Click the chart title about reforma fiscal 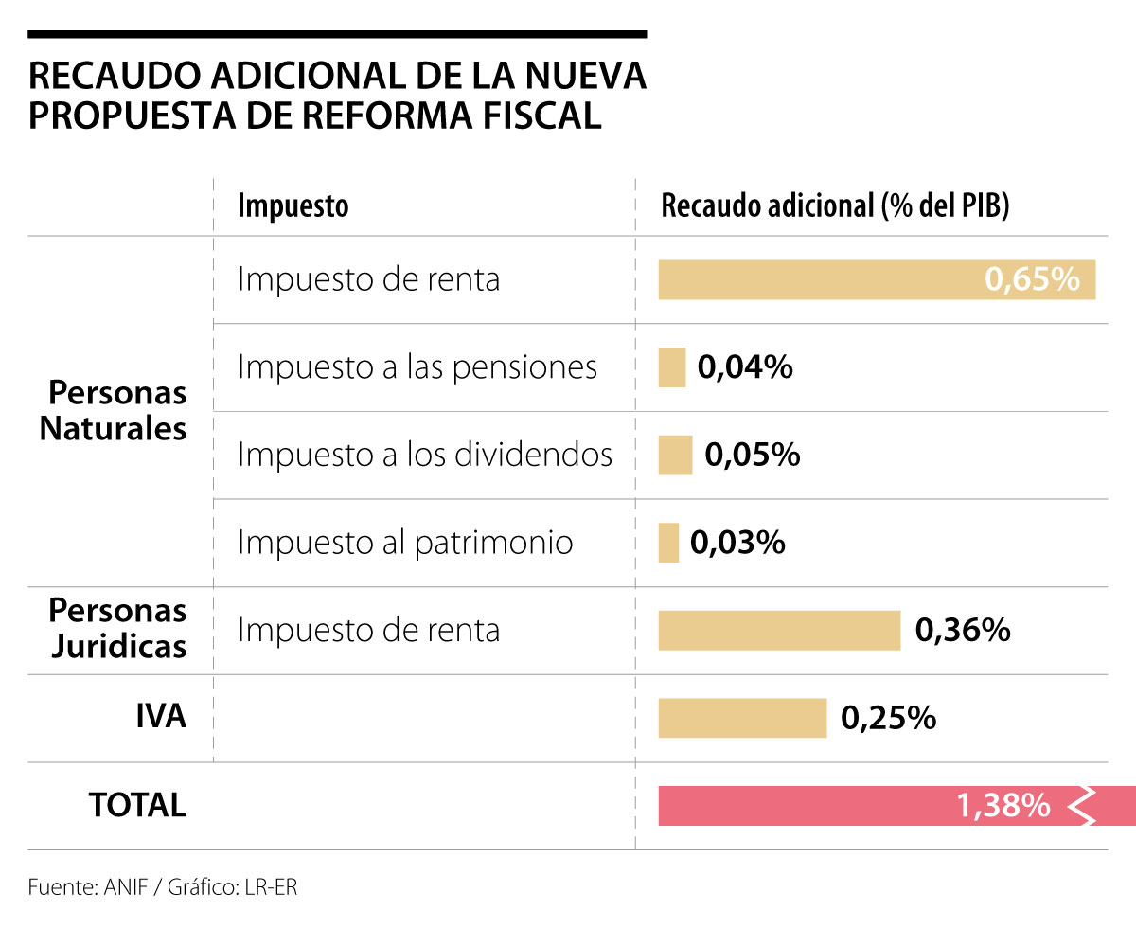click(337, 95)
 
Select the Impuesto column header click(293, 205)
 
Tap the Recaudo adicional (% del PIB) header click(835, 205)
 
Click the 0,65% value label click(1032, 280)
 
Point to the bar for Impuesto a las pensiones click(672, 367)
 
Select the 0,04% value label click(745, 367)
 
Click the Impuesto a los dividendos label click(425, 455)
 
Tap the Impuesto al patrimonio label click(405, 543)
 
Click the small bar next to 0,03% click(669, 543)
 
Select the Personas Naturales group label click(114, 411)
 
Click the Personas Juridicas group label click(117, 629)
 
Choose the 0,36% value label click(963, 631)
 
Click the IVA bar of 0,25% click(742, 718)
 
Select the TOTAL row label click(138, 805)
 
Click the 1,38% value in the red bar click(1003, 806)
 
